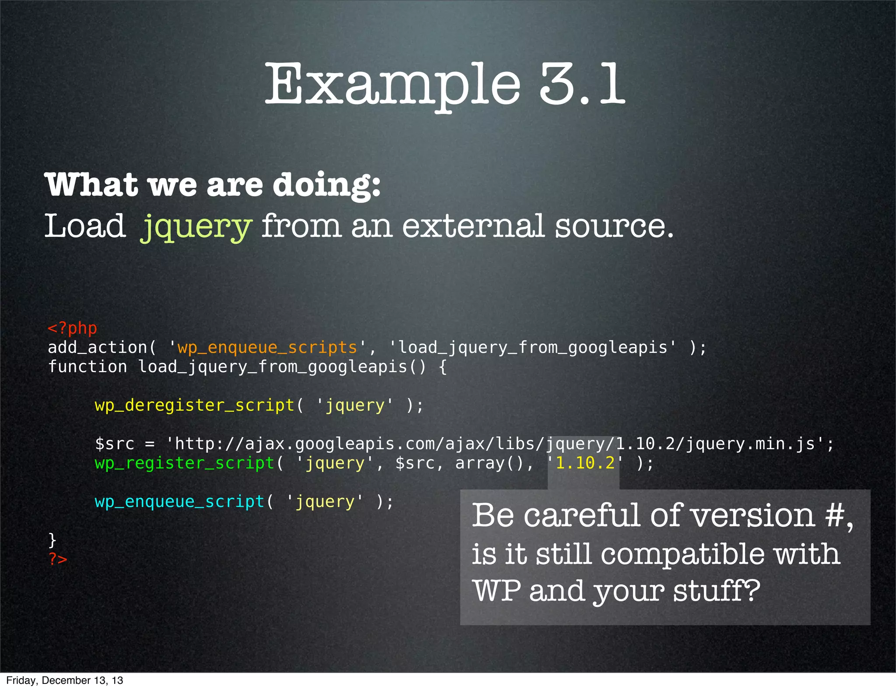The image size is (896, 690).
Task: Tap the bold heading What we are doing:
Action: pos(213,184)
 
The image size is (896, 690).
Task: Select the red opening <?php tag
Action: pos(72,328)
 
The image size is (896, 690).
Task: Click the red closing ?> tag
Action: pos(58,559)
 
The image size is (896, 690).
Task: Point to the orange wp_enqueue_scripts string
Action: pos(267,347)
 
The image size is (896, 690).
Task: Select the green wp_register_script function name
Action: pos(185,463)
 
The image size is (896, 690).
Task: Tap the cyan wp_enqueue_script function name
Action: pos(180,501)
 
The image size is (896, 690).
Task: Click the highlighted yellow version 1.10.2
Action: pos(585,463)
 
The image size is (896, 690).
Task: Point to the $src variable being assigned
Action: pos(115,444)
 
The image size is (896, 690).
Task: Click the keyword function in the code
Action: pos(87,366)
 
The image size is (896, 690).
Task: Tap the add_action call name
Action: pos(97,347)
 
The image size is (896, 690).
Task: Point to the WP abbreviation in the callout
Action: pos(497,591)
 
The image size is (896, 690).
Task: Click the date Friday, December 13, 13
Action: pos(65,680)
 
